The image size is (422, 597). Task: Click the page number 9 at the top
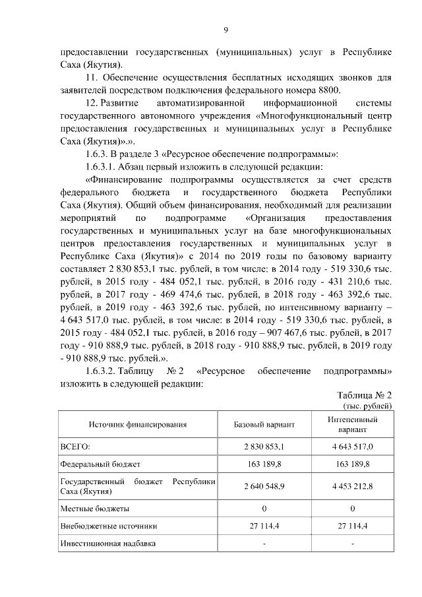tap(226, 30)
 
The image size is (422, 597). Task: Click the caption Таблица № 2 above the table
tap(364, 395)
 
